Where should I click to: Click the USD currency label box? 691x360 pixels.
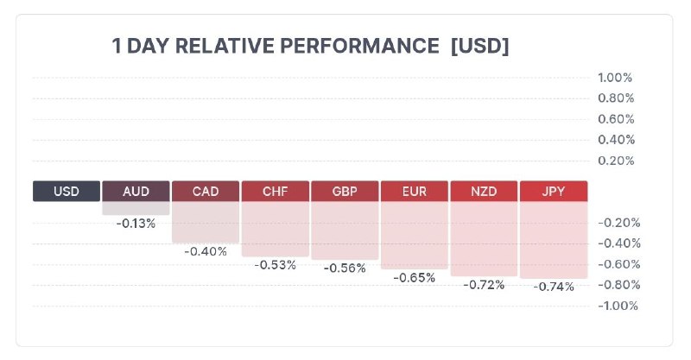[67, 191]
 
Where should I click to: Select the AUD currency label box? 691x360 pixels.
[136, 191]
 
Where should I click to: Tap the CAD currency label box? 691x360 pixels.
[206, 191]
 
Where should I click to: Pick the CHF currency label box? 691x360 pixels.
[275, 191]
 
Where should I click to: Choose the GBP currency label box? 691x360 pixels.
[345, 191]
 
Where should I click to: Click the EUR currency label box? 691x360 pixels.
[414, 191]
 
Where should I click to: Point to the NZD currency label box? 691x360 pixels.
[484, 191]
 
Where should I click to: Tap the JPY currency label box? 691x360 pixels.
[553, 191]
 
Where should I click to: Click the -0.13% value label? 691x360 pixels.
[136, 224]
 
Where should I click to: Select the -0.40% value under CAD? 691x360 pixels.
[206, 251]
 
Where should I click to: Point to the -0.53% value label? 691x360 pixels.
[275, 264]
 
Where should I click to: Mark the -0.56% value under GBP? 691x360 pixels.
[345, 268]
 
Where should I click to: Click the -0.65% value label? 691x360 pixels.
[414, 277]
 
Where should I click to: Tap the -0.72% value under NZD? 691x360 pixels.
[484, 284]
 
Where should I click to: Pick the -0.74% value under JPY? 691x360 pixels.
[553, 287]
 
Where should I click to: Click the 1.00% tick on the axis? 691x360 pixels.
[616, 78]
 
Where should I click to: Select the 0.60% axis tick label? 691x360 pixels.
[616, 119]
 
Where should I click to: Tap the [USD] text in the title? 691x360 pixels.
[479, 46]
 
